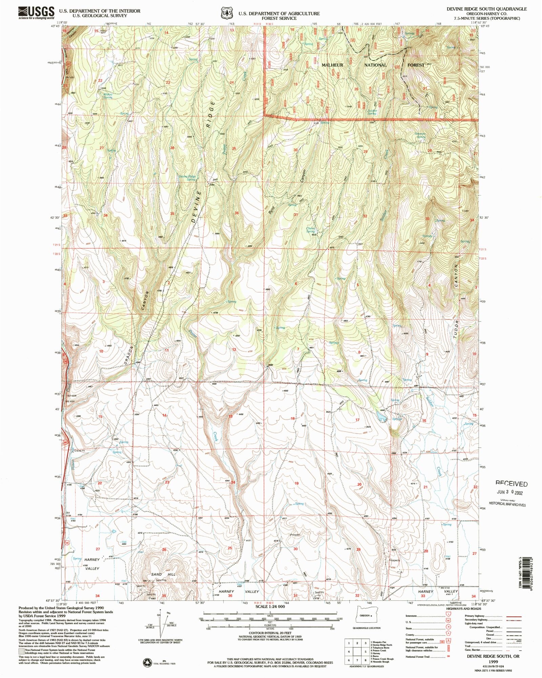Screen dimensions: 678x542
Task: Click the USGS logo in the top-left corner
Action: pyautogui.click(x=36, y=13)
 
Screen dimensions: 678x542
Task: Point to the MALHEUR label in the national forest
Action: pyautogui.click(x=332, y=65)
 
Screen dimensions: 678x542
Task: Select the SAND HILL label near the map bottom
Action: pyautogui.click(x=163, y=575)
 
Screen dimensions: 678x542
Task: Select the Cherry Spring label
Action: pyautogui.click(x=311, y=230)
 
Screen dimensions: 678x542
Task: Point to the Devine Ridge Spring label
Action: pyautogui.click(x=187, y=178)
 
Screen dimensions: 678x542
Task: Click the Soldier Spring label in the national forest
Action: pyautogui.click(x=372, y=112)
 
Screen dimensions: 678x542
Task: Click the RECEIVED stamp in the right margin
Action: pyautogui.click(x=511, y=484)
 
